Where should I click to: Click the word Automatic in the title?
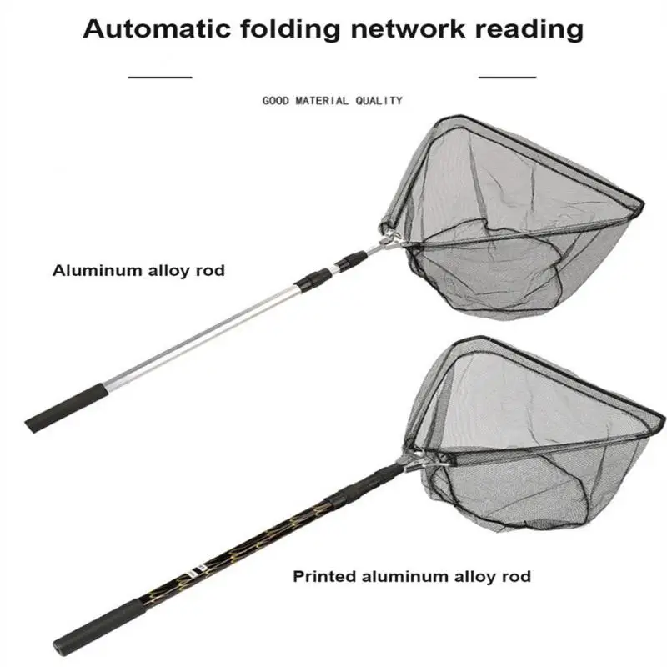click(x=158, y=30)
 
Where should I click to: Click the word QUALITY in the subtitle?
click(x=379, y=101)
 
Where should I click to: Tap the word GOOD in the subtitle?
click(x=276, y=101)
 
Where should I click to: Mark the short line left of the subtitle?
click(x=160, y=76)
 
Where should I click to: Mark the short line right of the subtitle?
click(x=507, y=76)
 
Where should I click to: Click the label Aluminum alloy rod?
click(x=138, y=270)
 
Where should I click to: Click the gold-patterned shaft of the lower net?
click(x=208, y=549)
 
